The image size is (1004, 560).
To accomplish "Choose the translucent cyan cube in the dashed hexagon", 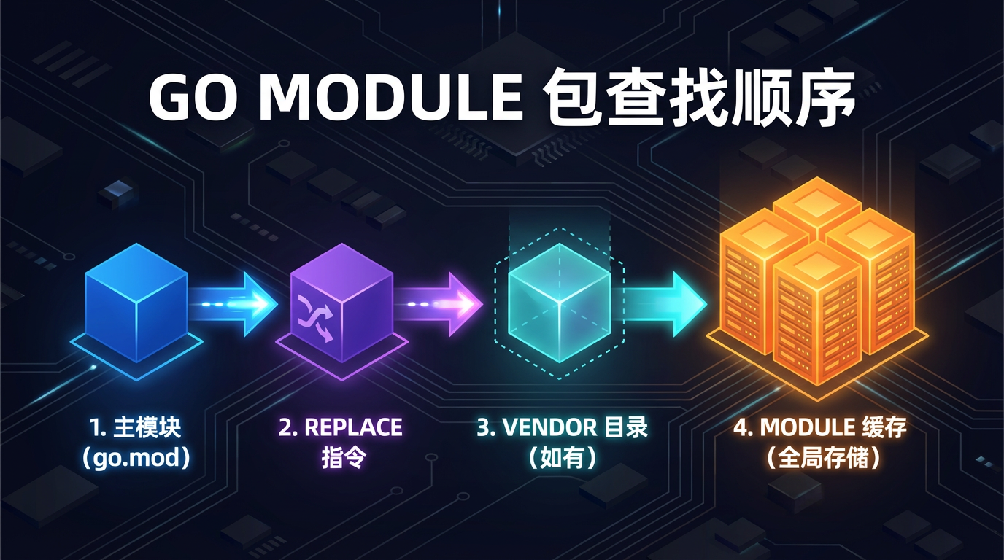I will coord(559,301).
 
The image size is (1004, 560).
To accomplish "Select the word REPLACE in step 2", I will coord(352,428).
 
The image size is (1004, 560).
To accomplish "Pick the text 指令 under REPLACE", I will coord(341,459).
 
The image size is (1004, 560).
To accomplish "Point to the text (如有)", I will coord(562,459).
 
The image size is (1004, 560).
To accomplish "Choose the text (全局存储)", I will coord(822,459).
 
